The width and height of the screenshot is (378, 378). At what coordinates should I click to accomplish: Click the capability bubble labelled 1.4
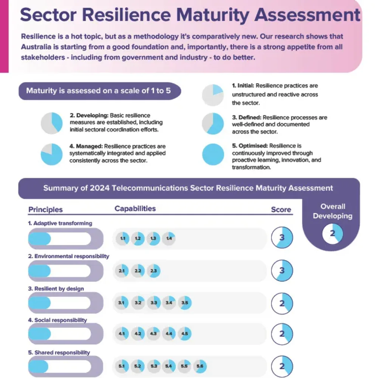(x=169, y=239)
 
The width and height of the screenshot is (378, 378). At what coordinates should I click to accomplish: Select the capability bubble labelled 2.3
(x=153, y=271)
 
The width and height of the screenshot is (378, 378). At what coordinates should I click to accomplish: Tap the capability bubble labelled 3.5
(x=184, y=303)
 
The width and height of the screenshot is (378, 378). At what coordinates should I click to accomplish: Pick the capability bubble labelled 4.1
(x=122, y=334)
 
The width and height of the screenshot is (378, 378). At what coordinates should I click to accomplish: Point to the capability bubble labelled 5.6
(x=200, y=366)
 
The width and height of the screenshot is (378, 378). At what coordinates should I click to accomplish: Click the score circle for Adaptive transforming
(x=282, y=238)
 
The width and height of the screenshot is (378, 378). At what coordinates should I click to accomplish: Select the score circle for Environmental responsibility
(x=282, y=271)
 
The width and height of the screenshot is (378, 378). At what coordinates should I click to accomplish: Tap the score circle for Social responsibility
(x=282, y=334)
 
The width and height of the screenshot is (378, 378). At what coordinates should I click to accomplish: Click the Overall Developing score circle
(x=332, y=233)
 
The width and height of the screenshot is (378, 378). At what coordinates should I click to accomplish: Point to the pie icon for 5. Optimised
(x=213, y=155)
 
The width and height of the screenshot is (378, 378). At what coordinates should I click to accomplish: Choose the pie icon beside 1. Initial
(x=213, y=95)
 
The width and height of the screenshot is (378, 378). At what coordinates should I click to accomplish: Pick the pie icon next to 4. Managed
(x=51, y=154)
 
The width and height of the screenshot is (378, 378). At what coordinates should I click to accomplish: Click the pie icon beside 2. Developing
(x=51, y=123)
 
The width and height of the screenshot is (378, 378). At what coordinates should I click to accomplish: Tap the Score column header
(x=281, y=210)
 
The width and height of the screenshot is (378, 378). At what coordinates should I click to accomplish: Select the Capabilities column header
(x=135, y=209)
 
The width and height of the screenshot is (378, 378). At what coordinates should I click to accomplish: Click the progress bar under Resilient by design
(x=60, y=303)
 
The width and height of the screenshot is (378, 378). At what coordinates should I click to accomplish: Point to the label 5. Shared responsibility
(x=59, y=352)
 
